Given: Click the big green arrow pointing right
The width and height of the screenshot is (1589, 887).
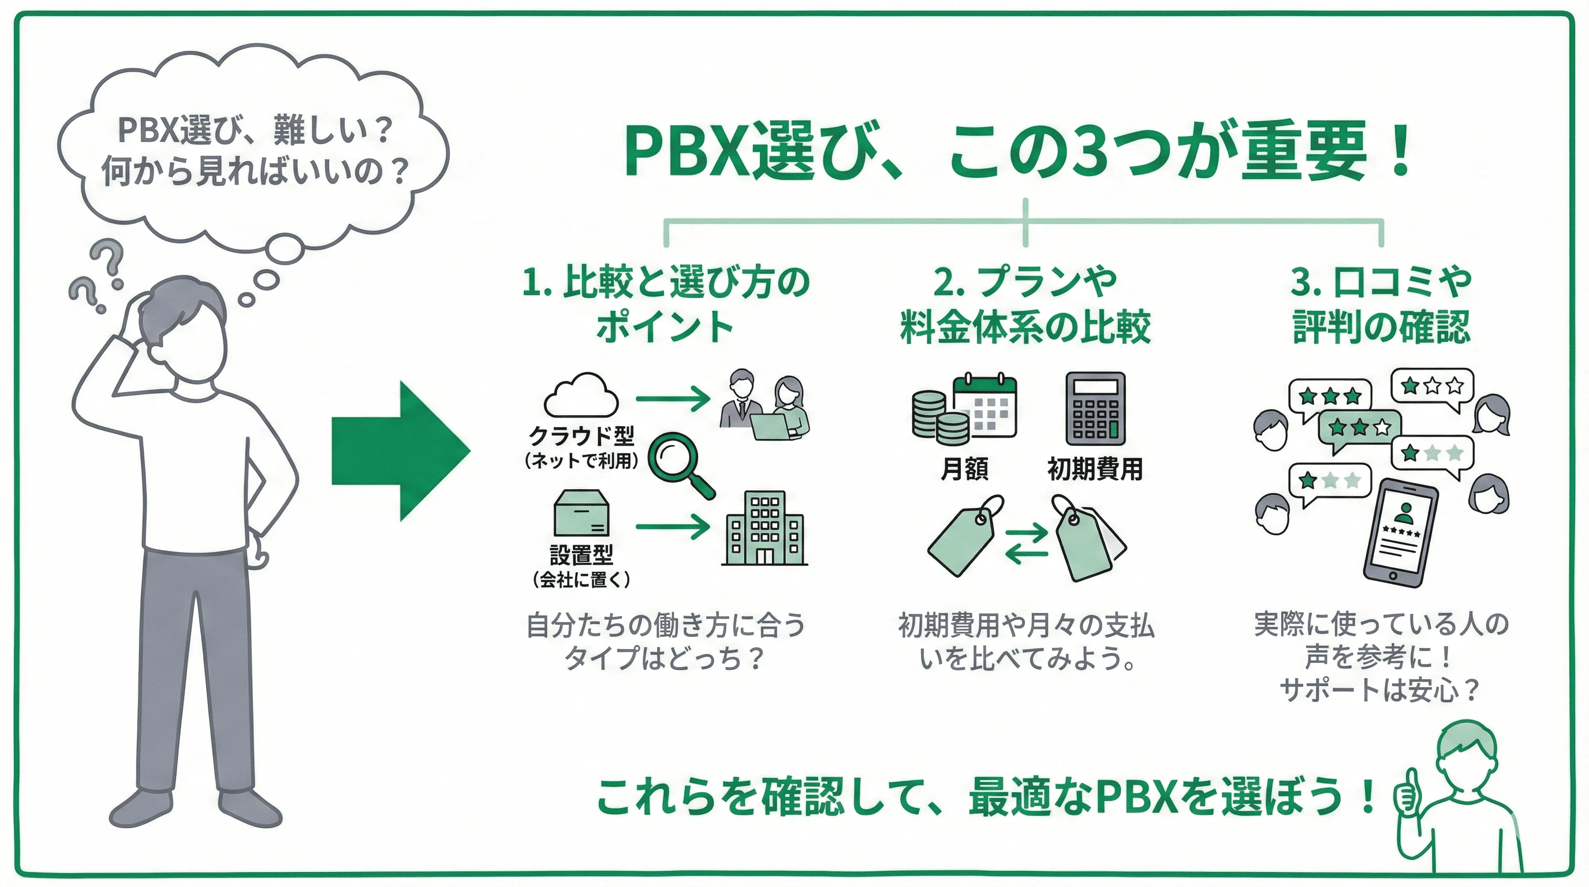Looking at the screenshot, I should pos(401,451).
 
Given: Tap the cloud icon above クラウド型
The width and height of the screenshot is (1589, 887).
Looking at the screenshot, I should pos(580,396).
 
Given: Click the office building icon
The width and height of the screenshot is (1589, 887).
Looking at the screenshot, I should pos(764,528).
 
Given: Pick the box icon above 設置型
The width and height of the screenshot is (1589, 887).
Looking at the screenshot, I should pos(581,513).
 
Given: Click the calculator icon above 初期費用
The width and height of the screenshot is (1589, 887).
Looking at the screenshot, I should pos(1095,408).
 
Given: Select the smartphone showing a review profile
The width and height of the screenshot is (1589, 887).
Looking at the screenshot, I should pos(1400,532).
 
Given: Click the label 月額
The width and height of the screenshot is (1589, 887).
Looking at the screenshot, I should pos(964,469).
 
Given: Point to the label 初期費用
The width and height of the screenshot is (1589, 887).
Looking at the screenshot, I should pos(1095,469).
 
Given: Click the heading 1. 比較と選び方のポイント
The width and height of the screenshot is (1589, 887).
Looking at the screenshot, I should pos(665,304).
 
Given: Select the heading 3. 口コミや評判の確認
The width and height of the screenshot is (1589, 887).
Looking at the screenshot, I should pos(1381,304).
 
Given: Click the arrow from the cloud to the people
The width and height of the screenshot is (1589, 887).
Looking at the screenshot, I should pos(672,398).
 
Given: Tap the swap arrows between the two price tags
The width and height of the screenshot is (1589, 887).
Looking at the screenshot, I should pos(1026,543).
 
